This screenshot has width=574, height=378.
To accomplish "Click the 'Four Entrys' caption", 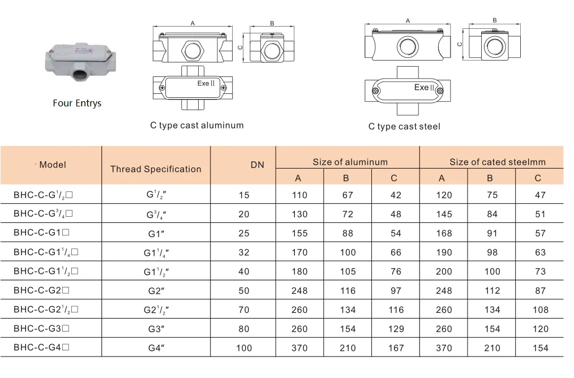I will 77,104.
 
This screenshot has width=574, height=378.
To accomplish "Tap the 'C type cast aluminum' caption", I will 196,125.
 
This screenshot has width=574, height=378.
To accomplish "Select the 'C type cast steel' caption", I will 404,126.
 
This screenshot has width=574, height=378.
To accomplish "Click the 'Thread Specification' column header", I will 156,169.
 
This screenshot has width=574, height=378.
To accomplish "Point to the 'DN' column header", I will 258,165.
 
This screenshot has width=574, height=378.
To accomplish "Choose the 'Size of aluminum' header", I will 350,162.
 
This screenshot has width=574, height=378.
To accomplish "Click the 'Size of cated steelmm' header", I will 498,162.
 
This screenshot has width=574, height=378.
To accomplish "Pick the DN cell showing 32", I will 244,252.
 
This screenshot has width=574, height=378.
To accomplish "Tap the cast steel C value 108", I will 540,310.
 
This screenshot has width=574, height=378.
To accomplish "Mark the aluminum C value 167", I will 396,348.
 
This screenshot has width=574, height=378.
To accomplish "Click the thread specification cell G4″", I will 156,348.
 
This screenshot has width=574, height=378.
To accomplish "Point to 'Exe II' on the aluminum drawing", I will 205,83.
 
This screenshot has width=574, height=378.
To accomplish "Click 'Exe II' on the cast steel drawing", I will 424,88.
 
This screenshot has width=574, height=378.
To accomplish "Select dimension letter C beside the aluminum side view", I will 240,48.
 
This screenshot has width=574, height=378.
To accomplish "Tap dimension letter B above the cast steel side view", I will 494,20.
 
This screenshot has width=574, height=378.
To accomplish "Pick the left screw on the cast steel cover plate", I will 375,92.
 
